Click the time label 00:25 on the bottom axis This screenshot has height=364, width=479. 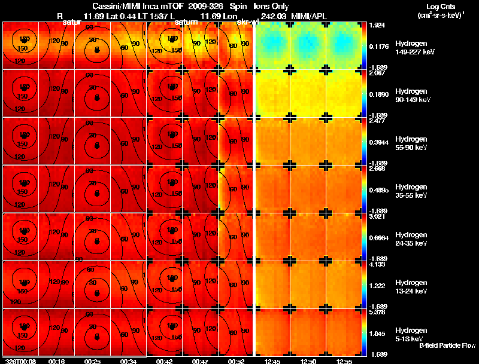[93, 360]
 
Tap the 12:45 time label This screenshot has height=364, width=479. [272, 360]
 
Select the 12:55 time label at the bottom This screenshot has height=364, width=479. [344, 360]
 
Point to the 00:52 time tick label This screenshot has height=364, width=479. [237, 360]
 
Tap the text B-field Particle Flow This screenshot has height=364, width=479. [447, 345]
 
